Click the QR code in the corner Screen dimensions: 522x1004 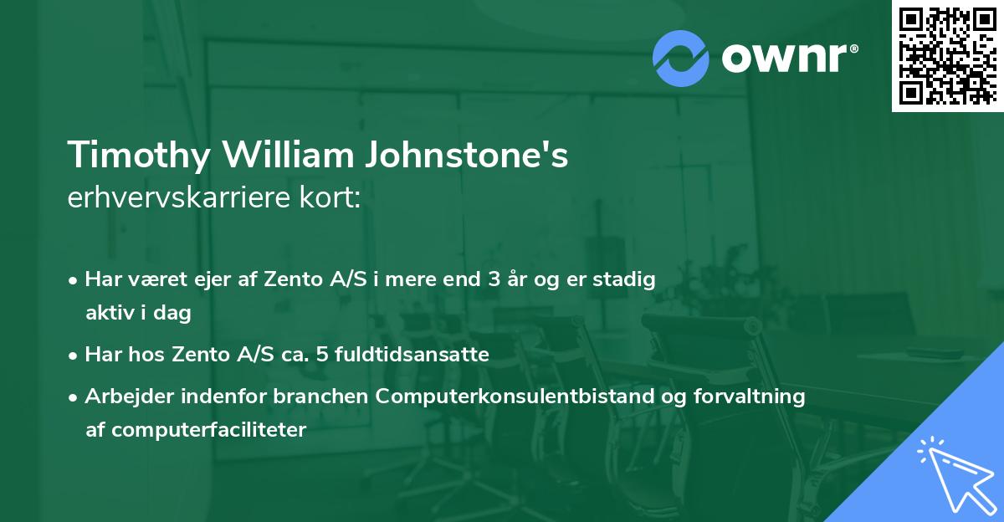coord(947,55)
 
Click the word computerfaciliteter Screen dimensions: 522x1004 coord(196,430)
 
